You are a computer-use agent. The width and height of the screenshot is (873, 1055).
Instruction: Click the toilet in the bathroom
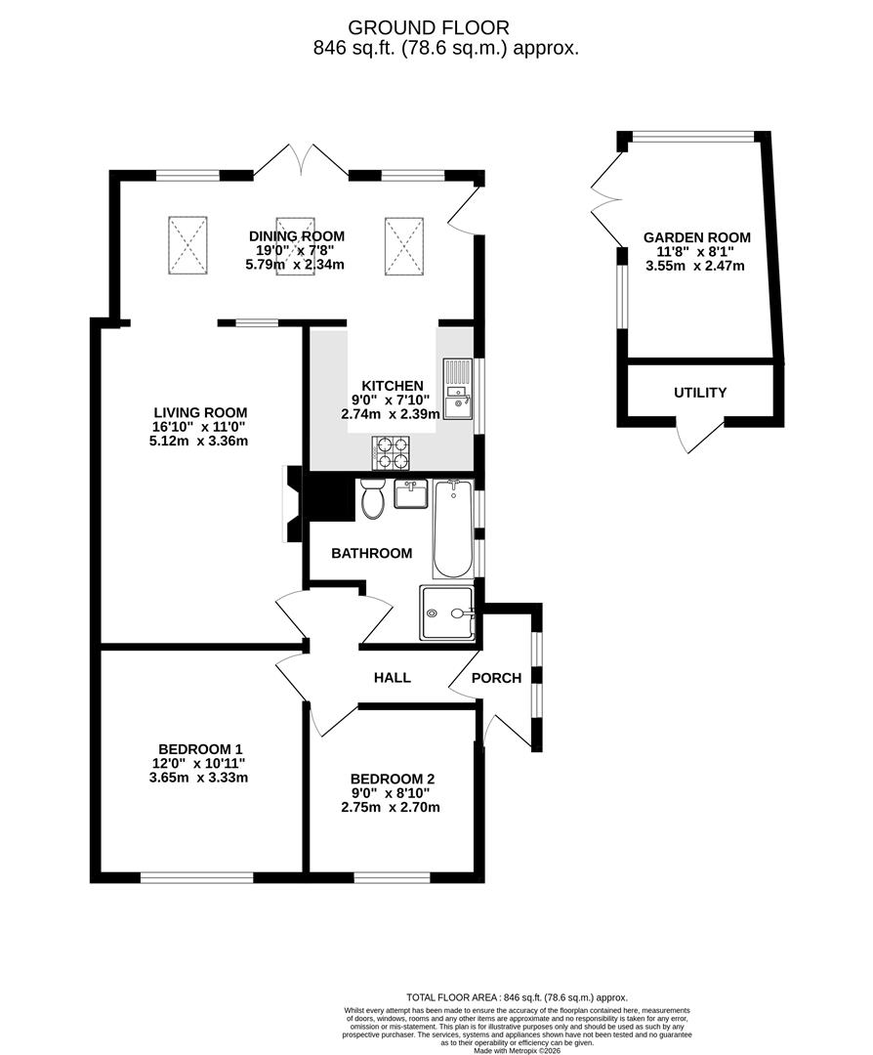372,501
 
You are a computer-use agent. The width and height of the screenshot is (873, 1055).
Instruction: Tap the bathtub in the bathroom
452,528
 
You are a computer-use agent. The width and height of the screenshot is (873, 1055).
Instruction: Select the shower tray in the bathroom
446,612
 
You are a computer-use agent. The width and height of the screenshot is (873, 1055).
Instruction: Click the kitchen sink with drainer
456,388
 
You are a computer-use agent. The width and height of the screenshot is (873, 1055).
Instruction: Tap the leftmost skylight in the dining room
187,243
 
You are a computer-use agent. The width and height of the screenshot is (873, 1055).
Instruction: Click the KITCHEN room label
392,386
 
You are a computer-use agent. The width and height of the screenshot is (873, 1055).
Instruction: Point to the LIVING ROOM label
199,412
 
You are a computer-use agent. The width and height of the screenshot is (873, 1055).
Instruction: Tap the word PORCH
496,678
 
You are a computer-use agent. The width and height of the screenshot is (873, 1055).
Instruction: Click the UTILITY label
700,393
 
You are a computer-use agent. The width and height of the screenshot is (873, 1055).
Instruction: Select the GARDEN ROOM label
697,237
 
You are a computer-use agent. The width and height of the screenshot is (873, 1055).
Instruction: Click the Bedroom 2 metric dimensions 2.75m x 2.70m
390,808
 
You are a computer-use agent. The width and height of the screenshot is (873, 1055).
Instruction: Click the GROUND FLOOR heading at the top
442,27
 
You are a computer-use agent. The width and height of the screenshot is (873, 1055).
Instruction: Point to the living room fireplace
292,503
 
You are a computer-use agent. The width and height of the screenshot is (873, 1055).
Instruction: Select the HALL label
392,677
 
